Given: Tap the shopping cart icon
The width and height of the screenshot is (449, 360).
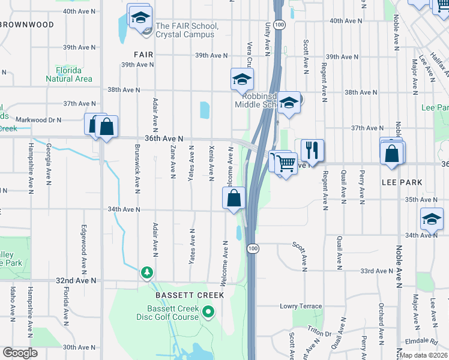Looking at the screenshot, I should click(x=285, y=162).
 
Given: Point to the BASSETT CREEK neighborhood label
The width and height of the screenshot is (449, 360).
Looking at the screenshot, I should click(x=190, y=295).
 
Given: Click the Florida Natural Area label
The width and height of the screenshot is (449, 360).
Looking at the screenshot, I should click(x=70, y=74).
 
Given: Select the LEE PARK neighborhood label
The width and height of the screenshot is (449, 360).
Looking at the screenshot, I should click(x=402, y=182).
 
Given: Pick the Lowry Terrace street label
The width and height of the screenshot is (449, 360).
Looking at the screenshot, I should click(x=301, y=306).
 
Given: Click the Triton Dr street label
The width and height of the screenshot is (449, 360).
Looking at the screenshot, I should click(x=318, y=334).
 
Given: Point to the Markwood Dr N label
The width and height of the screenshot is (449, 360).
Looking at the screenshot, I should click(x=38, y=120).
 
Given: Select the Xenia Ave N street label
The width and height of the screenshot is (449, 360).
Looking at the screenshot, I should click(x=211, y=162).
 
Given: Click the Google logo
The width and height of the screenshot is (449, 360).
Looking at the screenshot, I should click(x=20, y=353).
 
